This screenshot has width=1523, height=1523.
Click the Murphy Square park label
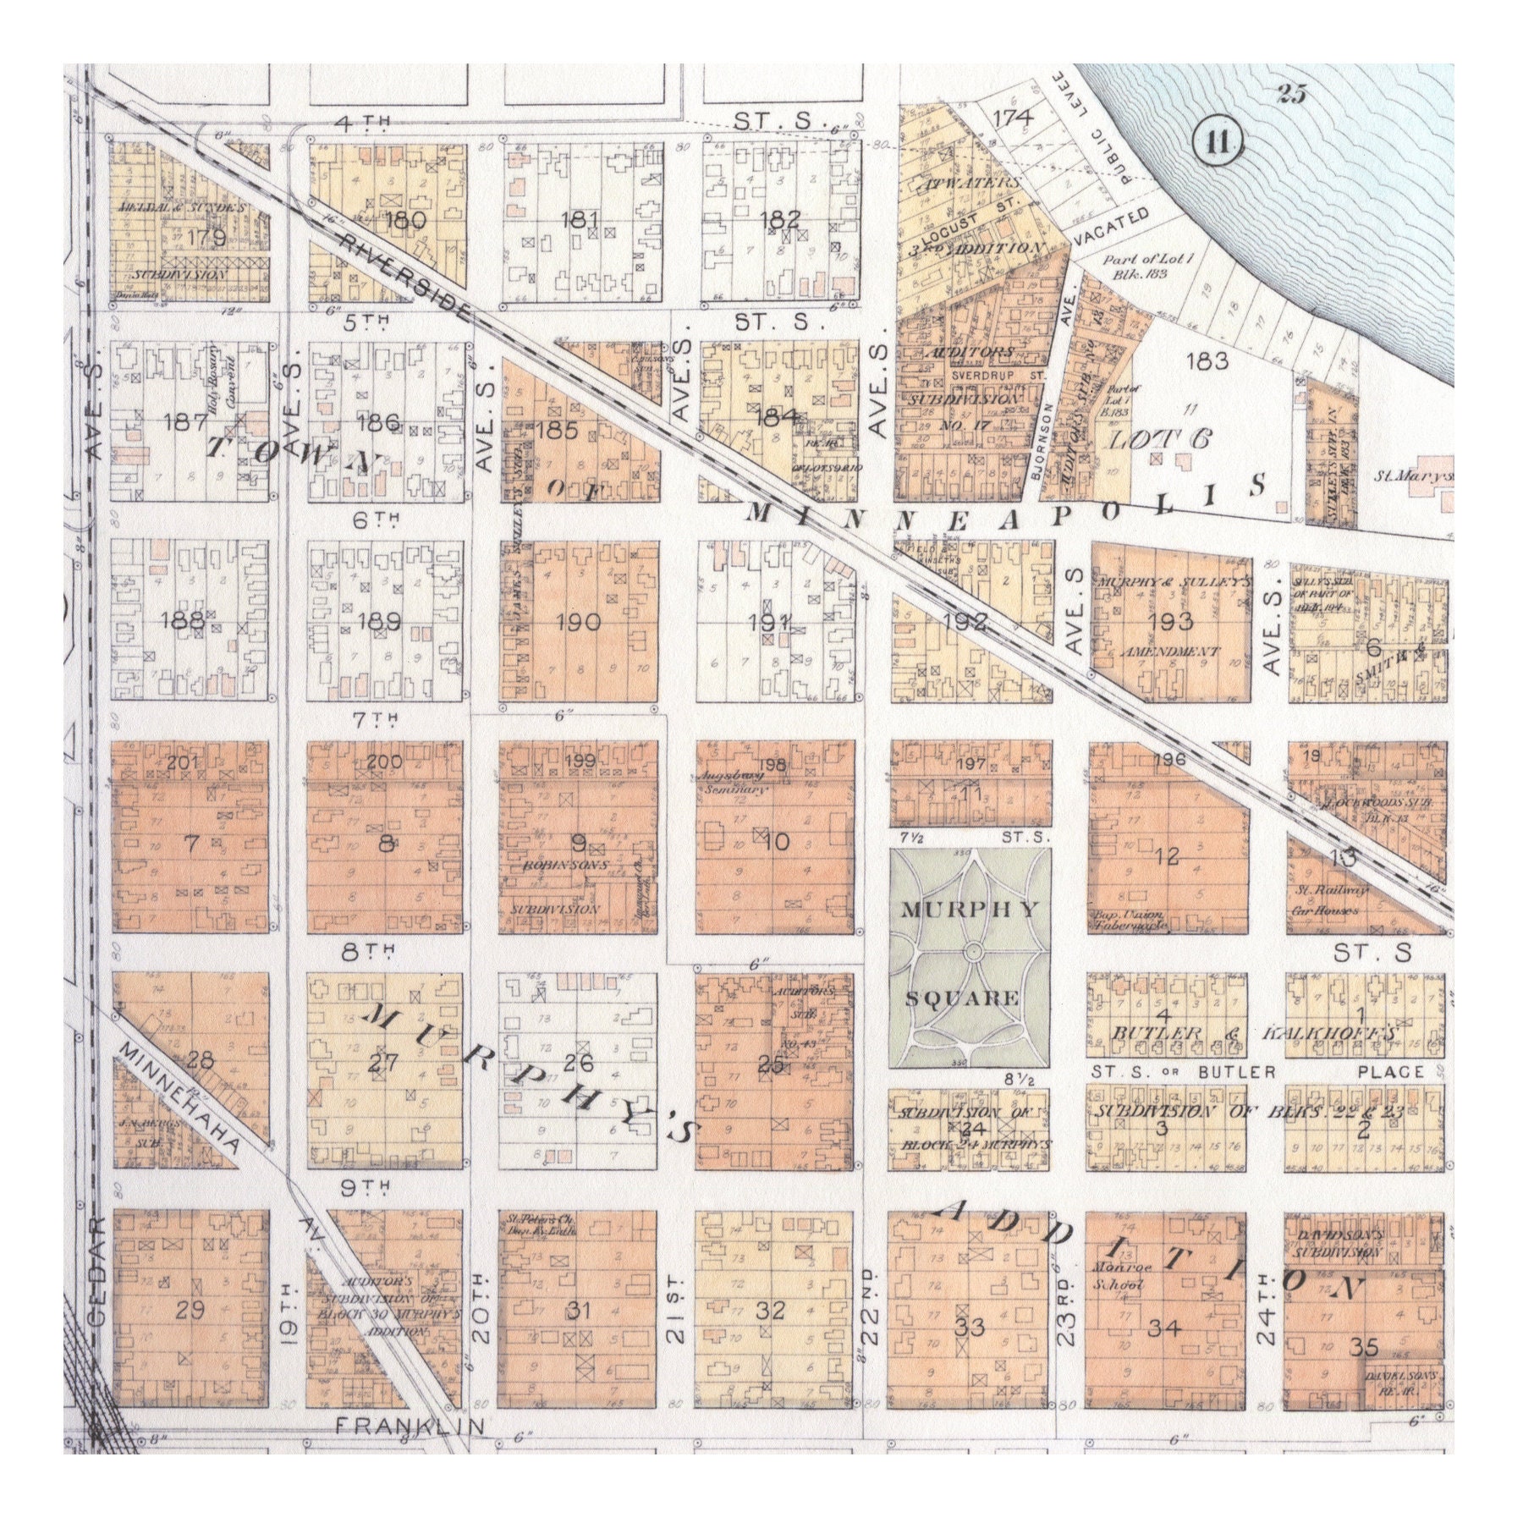pyautogui.click(x=970, y=954)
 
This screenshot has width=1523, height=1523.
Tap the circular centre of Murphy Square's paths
pyautogui.click(x=971, y=954)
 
